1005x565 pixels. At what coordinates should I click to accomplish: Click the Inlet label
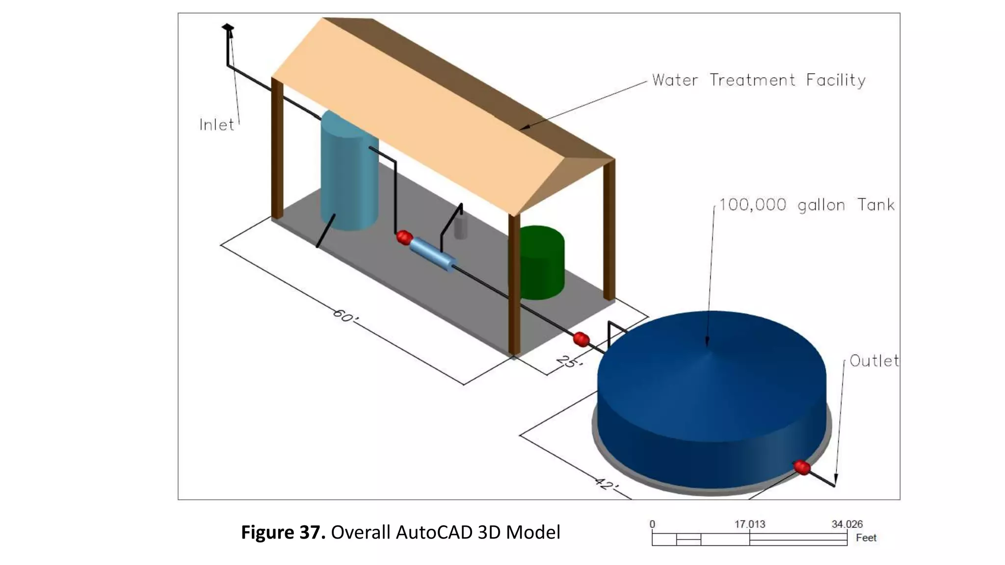tap(216, 125)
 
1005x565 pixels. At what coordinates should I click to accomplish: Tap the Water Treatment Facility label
tap(758, 80)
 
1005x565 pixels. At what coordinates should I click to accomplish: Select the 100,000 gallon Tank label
tap(806, 205)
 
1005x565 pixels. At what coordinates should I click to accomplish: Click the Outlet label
tap(874, 361)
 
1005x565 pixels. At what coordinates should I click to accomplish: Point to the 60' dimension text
tap(345, 316)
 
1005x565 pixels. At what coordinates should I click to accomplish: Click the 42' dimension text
tap(607, 484)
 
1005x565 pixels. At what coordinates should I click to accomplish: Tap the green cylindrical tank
tap(542, 262)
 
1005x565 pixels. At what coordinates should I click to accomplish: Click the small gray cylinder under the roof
tap(460, 227)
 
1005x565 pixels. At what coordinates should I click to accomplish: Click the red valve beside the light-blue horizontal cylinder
tap(404, 237)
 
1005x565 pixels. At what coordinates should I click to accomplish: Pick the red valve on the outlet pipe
tap(802, 467)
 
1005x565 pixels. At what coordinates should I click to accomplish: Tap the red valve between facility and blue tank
tap(581, 339)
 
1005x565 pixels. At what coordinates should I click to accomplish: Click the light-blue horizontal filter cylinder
tap(432, 254)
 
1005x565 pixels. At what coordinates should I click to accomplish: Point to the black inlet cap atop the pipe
tap(228, 28)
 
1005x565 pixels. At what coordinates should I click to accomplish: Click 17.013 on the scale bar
tap(749, 524)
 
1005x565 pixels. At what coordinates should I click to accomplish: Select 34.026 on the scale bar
tap(846, 524)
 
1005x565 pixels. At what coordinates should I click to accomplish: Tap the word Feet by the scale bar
tap(866, 538)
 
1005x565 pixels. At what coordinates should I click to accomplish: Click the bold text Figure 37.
tap(283, 533)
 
